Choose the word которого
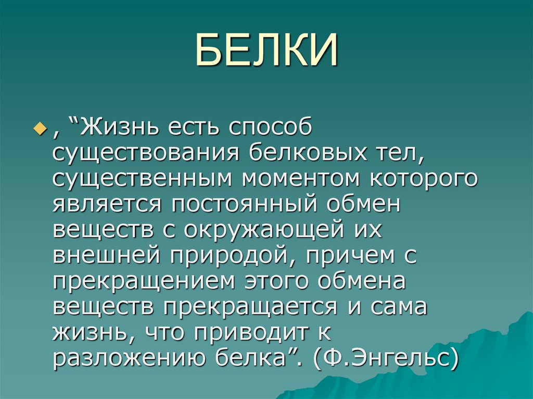[424, 178]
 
